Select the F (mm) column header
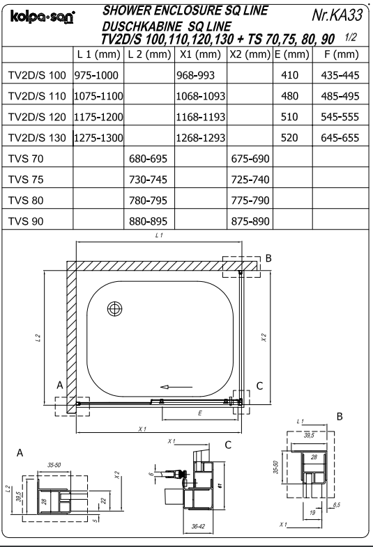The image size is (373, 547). pos(338,54)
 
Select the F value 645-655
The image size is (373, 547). pos(338,138)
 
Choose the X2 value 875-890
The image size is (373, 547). pos(250,221)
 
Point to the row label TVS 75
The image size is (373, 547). pos(24,180)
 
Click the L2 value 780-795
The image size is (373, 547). pos(149,200)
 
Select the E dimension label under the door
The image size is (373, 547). pos(200,413)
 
